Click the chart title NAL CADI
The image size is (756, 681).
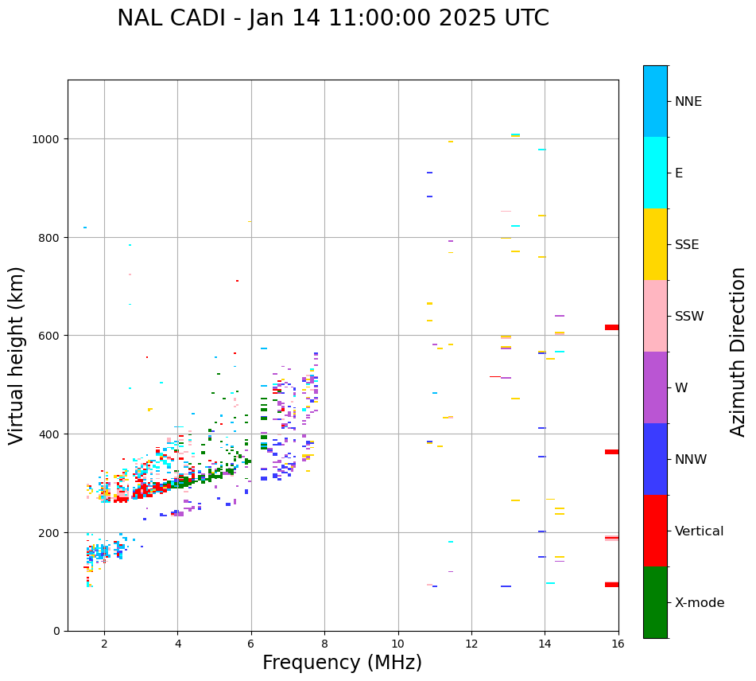332,18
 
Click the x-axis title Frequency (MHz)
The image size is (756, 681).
342,663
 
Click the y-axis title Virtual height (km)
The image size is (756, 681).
17,355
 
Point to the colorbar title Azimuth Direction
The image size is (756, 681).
739,352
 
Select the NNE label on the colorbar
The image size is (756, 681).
688,102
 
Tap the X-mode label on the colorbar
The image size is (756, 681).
700,603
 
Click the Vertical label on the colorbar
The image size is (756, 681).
700,531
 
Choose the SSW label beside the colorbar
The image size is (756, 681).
689,317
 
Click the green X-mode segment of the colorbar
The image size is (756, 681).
655,602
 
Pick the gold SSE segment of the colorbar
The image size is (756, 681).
655,244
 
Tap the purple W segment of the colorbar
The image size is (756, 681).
655,387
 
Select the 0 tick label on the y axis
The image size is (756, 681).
58,631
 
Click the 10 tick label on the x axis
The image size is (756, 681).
397,644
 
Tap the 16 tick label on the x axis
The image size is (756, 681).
618,644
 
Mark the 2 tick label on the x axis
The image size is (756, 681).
104,644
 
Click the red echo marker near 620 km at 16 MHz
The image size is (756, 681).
611,327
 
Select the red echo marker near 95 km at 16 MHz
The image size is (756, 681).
611,585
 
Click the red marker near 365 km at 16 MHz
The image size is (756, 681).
611,452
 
